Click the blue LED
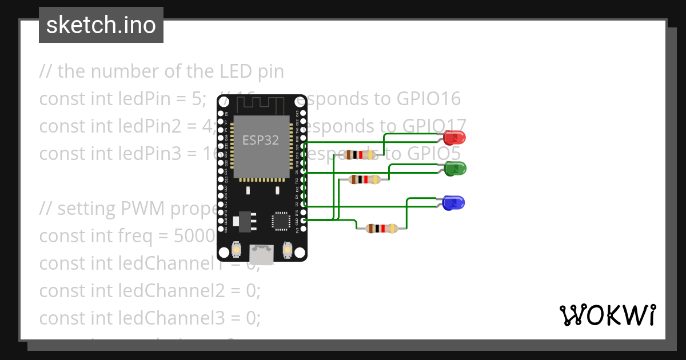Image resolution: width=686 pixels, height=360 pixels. pyautogui.click(x=454, y=202)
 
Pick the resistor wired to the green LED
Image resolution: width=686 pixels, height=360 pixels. pyautogui.click(x=365, y=179)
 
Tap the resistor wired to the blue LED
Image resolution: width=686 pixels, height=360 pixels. pyautogui.click(x=382, y=229)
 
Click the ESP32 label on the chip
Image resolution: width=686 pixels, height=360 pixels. pyautogui.click(x=261, y=140)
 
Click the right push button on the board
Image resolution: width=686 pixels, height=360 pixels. pyautogui.click(x=287, y=250)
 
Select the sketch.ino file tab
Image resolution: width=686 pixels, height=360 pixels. pyautogui.click(x=101, y=25)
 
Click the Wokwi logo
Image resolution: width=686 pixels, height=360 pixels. pyautogui.click(x=607, y=315)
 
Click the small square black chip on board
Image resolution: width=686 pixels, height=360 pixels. pyautogui.click(x=281, y=221)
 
